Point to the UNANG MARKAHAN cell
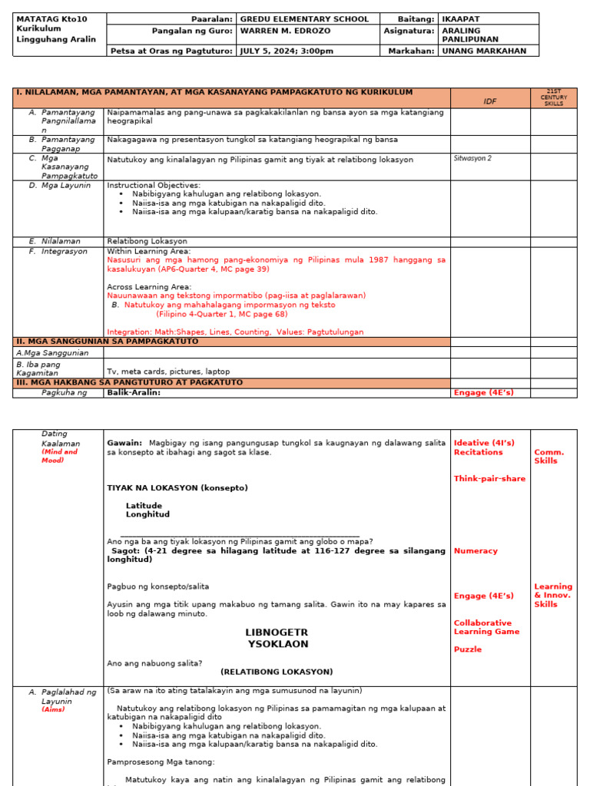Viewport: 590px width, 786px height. [484, 51]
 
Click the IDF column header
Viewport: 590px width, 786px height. [489, 101]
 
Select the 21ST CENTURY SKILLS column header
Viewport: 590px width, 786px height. [553, 97]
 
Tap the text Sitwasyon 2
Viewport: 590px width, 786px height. [472, 158]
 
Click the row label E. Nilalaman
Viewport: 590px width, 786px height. [61, 241]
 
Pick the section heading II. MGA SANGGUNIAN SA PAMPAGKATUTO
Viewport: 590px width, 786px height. [108, 342]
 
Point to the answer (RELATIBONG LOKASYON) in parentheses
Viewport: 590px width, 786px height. [277, 672]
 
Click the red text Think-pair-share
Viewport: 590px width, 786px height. [489, 479]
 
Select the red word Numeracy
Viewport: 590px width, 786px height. [476, 551]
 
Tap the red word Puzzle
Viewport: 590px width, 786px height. [468, 649]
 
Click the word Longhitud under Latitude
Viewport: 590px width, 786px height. [147, 514]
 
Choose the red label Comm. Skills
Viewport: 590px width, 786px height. [549, 457]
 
